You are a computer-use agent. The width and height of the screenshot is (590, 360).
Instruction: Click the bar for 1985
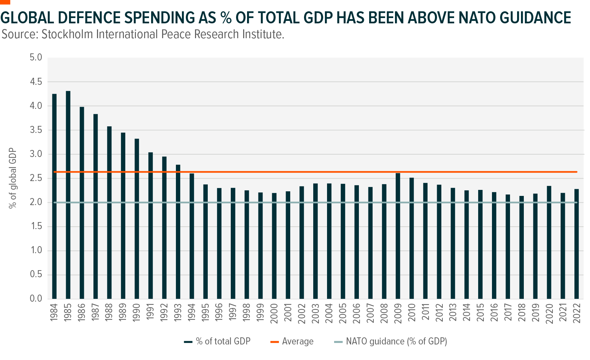coord(68,194)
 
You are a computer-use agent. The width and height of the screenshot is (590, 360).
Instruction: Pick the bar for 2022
coord(577,244)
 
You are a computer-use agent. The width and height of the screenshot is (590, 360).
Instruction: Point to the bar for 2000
coord(274,246)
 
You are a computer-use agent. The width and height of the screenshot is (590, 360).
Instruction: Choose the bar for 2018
coord(522,247)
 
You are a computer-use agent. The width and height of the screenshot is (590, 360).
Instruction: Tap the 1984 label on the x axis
coord(54,312)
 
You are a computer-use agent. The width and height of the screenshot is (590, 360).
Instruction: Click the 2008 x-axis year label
coord(384,312)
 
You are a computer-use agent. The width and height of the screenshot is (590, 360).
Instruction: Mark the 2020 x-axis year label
coord(549,312)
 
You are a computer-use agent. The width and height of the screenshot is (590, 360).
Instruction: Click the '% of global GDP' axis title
coord(13,178)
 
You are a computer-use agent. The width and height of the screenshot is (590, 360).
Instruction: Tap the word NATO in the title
coord(483,18)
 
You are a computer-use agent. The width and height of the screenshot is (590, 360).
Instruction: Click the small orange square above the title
coord(5,2)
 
